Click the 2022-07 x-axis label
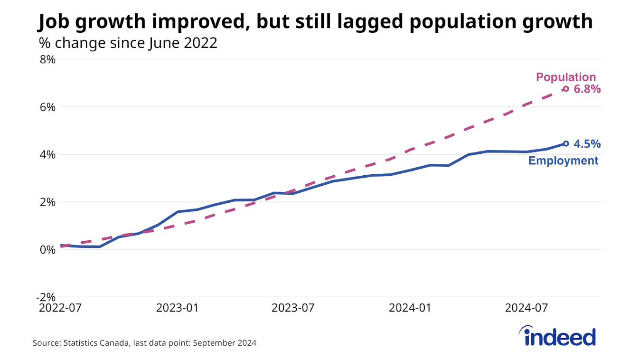click(60, 308)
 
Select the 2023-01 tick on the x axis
click(177, 308)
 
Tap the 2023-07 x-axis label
click(293, 308)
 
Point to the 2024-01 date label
click(410, 308)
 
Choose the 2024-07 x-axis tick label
click(526, 308)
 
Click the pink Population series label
click(565, 77)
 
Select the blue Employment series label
click(563, 161)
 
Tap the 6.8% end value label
click(587, 89)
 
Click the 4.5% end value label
click(587, 143)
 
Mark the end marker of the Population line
click(565, 89)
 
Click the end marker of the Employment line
click(566, 143)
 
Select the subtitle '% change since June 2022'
click(128, 43)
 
